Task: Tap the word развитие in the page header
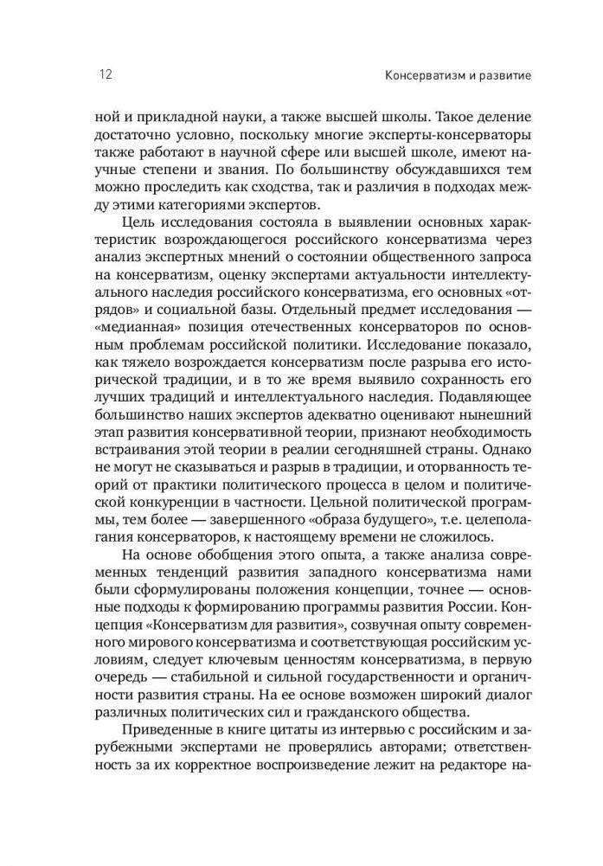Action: click(x=498, y=75)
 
